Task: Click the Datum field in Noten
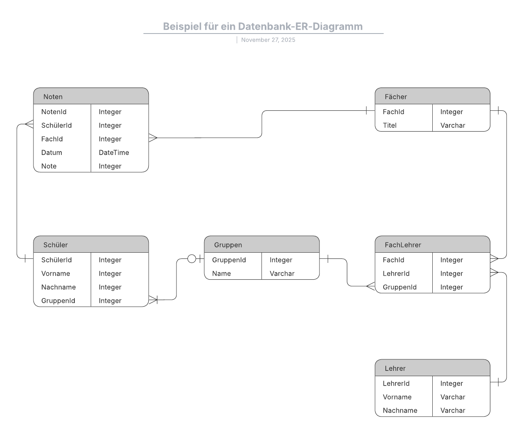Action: [52, 153]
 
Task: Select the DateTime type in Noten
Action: [114, 153]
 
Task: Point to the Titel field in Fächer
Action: [390, 125]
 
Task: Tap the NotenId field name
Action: [54, 112]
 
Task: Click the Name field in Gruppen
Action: [221, 273]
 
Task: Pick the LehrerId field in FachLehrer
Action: [396, 273]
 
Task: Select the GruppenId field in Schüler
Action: [58, 301]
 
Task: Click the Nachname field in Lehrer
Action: [400, 410]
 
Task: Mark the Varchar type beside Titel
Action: [453, 125]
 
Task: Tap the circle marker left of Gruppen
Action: [192, 258]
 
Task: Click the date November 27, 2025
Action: [268, 40]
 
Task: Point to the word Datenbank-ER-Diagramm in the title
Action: [300, 26]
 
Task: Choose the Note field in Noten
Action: [49, 166]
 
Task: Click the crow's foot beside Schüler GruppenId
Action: [153, 300]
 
